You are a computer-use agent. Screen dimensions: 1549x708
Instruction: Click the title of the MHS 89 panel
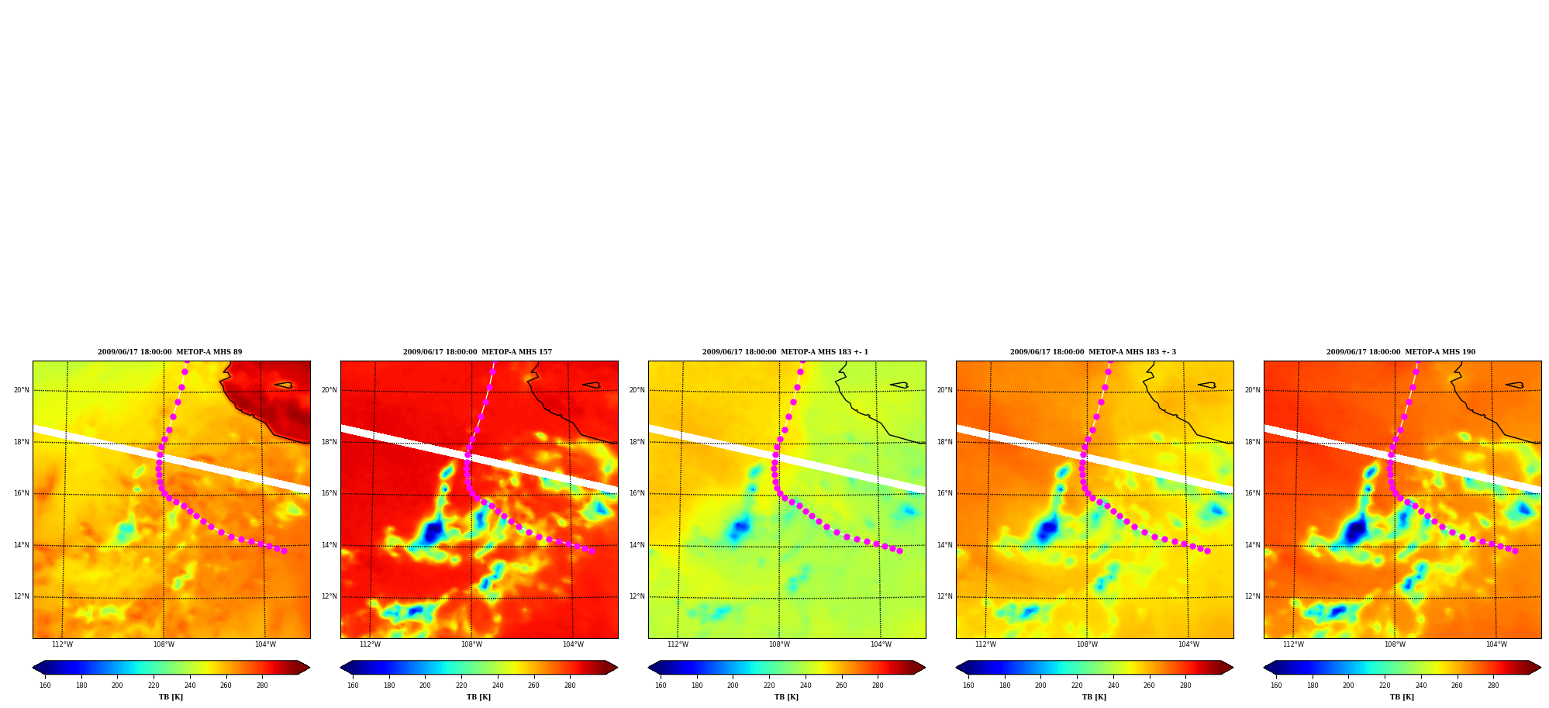[x=170, y=352]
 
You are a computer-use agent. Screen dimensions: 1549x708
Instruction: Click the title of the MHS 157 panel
[x=478, y=352]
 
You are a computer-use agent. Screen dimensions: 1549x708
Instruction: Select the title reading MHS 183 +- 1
[x=785, y=352]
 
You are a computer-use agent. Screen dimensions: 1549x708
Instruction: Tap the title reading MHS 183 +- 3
[x=1093, y=352]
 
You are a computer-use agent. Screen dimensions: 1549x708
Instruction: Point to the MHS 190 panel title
[x=1401, y=352]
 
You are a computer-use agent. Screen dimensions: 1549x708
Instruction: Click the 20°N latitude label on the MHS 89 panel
[x=22, y=390]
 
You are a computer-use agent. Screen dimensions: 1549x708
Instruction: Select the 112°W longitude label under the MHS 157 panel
[x=370, y=644]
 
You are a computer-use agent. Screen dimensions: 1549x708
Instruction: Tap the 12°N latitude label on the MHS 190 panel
[x=1253, y=596]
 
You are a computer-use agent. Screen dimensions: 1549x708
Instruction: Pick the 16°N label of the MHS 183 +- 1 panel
[x=637, y=493]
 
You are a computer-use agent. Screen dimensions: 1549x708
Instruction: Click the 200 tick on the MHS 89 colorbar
[x=117, y=686]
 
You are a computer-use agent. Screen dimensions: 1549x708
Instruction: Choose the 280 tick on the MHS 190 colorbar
[x=1493, y=686]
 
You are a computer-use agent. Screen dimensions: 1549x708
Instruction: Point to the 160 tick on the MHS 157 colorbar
[x=353, y=686]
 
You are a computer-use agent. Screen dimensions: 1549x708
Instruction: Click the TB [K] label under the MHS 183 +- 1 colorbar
[x=786, y=697]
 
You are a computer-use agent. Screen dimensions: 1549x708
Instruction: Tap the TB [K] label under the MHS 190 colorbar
[x=1402, y=697]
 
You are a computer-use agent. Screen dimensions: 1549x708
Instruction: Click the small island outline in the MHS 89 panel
[x=284, y=385]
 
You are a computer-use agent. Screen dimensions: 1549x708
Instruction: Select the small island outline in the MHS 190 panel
[x=1515, y=385]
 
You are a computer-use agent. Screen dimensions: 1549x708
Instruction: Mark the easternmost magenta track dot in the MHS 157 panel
[x=592, y=551]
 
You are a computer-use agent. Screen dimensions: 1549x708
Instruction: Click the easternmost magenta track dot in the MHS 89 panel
[x=284, y=551]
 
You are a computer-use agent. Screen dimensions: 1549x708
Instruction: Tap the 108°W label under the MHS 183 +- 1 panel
[x=779, y=644]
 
